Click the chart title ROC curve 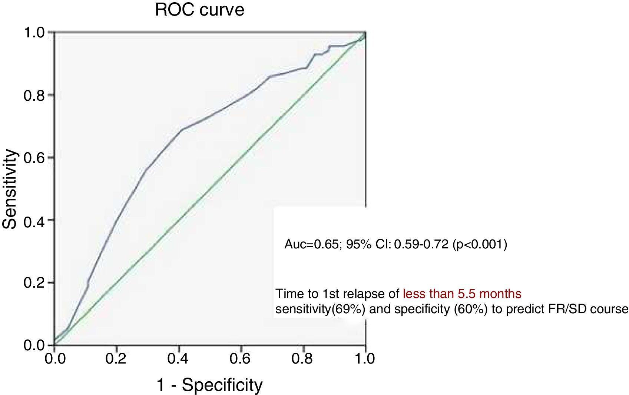199,10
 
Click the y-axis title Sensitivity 10,189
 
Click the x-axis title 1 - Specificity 210,385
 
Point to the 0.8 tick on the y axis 34,96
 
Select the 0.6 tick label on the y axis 34,158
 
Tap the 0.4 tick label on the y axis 34,221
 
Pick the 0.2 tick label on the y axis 34,283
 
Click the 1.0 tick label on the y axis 34,33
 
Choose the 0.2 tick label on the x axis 116,358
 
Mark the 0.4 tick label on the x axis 179,358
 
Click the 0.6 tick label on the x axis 241,358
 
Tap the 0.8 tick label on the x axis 304,358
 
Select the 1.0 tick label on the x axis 365,358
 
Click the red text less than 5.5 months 462,294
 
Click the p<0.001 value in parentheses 480,244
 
